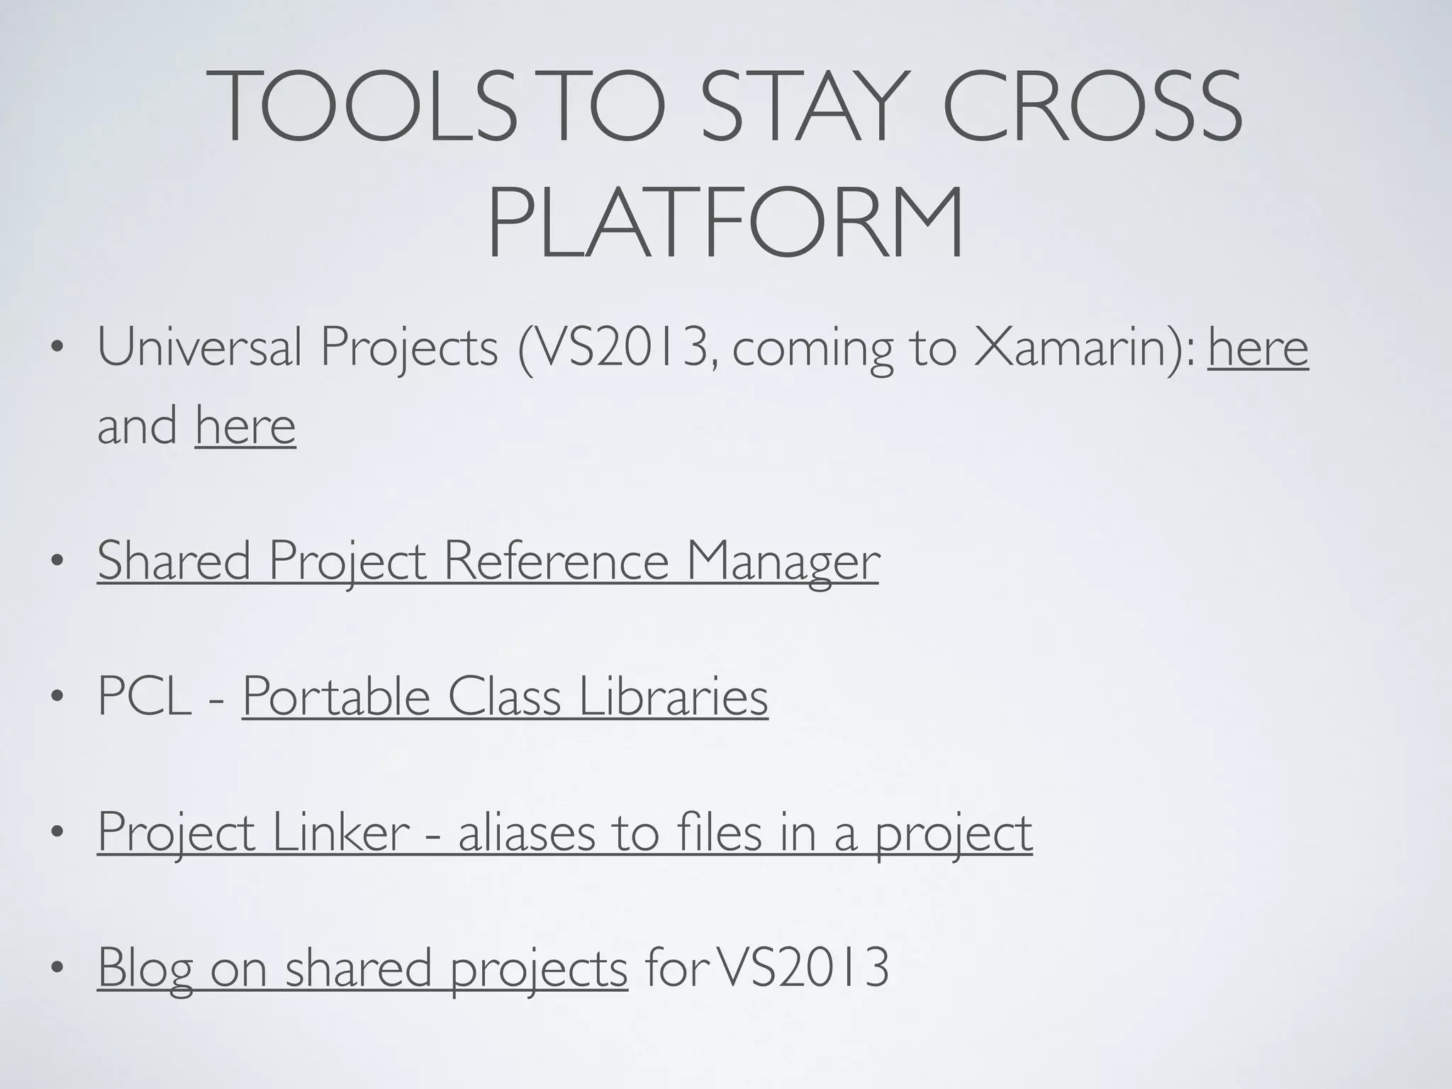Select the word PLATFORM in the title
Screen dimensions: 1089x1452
point(725,223)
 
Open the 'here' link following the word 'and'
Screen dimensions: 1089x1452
point(245,426)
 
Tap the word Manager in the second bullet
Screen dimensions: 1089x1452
point(783,561)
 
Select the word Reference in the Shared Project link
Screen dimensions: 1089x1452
point(557,561)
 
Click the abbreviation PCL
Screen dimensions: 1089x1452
point(145,696)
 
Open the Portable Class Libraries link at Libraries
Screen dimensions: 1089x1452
point(674,696)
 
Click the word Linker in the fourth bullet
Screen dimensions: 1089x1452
point(340,832)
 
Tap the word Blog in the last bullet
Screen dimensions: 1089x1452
point(145,968)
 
